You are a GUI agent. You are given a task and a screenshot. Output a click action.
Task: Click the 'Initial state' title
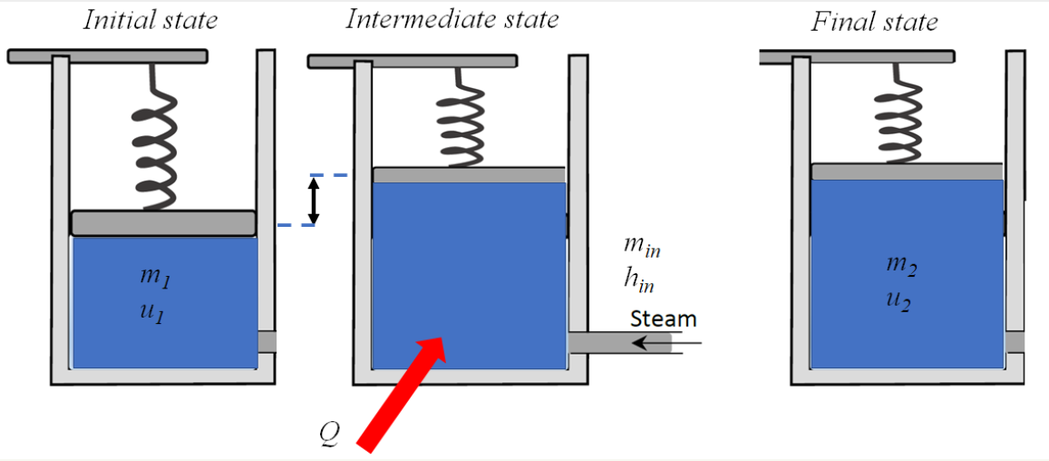pyautogui.click(x=151, y=20)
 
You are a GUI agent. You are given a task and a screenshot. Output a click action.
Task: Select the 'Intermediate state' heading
pyautogui.click(x=452, y=19)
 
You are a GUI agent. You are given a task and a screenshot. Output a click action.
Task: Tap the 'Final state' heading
pyautogui.click(x=874, y=22)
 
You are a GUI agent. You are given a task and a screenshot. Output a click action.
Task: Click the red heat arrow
pyautogui.click(x=403, y=390)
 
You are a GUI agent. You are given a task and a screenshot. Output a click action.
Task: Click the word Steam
pyautogui.click(x=664, y=319)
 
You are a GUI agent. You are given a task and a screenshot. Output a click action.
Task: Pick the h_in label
pyautogui.click(x=638, y=280)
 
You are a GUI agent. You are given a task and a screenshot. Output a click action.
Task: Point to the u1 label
pyautogui.click(x=152, y=313)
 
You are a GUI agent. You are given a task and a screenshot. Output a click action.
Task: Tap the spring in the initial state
pyautogui.click(x=159, y=137)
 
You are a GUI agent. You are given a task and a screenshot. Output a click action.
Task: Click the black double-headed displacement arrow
pyautogui.click(x=314, y=201)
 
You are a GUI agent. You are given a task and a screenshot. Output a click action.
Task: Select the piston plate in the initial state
pyautogui.click(x=163, y=222)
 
